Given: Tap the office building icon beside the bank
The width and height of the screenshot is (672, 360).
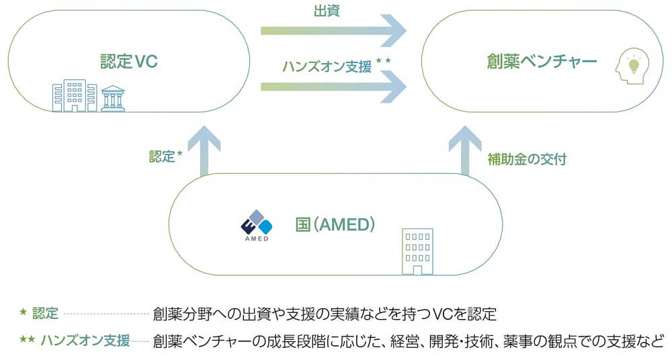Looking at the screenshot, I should point(75,95).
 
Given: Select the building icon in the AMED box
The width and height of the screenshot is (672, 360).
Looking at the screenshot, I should point(416,251).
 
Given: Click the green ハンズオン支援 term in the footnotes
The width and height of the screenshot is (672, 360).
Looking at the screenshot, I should point(85,340).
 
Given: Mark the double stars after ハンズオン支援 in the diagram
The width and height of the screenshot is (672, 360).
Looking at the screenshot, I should point(384,61).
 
